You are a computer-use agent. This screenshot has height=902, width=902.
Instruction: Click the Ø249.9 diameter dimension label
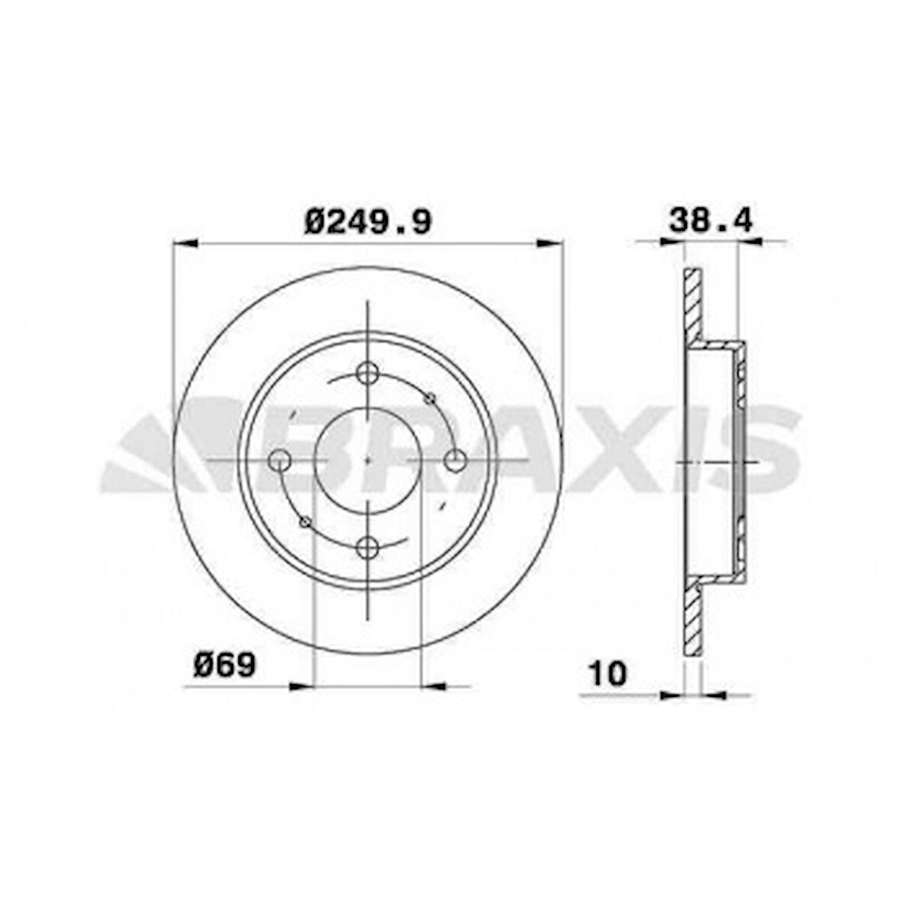click(x=368, y=222)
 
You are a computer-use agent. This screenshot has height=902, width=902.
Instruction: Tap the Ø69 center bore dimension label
click(x=224, y=664)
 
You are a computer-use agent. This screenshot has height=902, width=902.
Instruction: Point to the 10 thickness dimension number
click(x=608, y=673)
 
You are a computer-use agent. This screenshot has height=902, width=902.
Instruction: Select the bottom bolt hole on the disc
click(x=368, y=547)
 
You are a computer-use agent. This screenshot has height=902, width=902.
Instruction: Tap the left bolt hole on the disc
click(x=281, y=460)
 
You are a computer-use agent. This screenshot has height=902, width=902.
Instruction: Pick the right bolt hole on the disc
click(x=456, y=460)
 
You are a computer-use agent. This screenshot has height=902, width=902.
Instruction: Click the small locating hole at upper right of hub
click(x=430, y=397)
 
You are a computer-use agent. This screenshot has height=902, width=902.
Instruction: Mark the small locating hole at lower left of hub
click(x=306, y=522)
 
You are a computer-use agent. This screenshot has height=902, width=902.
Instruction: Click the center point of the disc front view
click(x=368, y=460)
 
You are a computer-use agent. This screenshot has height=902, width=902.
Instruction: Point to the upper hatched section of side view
click(x=692, y=306)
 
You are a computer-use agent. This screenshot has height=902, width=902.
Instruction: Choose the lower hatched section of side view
click(x=692, y=615)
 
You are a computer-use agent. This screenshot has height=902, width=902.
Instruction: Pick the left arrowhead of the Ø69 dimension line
click(x=301, y=686)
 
